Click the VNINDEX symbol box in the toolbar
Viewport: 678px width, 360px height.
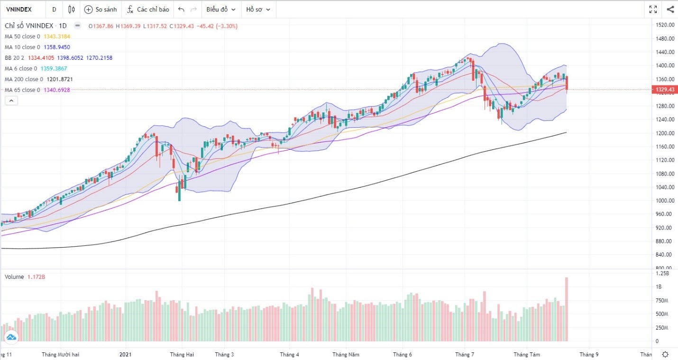pyautogui.click(x=19, y=9)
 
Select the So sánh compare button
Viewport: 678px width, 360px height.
pyautogui.click(x=100, y=9)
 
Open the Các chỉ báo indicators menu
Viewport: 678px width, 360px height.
pyautogui.click(x=147, y=9)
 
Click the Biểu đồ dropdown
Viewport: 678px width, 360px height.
pyautogui.click(x=220, y=9)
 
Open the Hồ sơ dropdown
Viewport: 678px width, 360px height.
pyautogui.click(x=258, y=9)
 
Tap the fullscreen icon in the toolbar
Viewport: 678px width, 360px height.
pyautogui.click(x=653, y=9)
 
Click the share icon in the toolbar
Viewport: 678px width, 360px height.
pyautogui.click(x=670, y=9)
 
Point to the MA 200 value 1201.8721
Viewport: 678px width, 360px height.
pyautogui.click(x=60, y=79)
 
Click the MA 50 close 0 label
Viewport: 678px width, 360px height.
pyautogui.click(x=23, y=37)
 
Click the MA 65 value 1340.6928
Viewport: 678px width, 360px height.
pyautogui.click(x=56, y=90)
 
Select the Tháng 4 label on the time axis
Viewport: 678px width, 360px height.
pyautogui.click(x=289, y=354)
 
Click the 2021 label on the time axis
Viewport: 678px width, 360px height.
pyautogui.click(x=126, y=354)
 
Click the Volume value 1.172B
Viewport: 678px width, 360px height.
pyautogui.click(x=36, y=277)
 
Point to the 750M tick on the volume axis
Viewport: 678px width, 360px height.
pyautogui.click(x=662, y=301)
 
